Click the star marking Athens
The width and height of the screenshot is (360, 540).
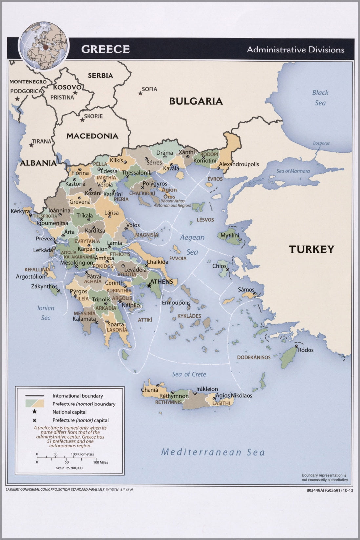click(150, 285)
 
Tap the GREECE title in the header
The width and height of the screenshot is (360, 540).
click(105, 49)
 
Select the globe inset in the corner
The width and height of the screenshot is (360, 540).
click(44, 45)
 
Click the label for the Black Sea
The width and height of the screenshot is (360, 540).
click(320, 97)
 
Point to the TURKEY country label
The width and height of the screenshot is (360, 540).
click(311, 249)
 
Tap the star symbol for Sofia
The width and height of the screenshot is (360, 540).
click(140, 93)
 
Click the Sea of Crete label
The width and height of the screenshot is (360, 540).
click(189, 374)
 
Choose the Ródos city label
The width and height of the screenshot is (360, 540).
click(306, 350)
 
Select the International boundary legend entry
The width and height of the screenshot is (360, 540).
click(78, 396)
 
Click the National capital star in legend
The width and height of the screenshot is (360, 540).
click(34, 412)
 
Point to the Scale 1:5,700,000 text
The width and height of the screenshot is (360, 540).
click(69, 468)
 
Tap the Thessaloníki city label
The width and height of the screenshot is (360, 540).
click(137, 172)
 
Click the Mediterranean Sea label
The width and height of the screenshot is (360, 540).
click(213, 452)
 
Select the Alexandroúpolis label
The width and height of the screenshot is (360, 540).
click(239, 164)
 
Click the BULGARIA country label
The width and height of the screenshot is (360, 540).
click(196, 101)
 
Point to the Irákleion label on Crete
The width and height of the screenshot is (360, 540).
click(207, 389)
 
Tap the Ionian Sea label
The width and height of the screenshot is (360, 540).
click(46, 313)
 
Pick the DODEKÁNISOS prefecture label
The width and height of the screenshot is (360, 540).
click(254, 357)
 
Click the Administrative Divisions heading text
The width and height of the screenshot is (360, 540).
click(295, 50)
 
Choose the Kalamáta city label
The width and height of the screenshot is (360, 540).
click(84, 319)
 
